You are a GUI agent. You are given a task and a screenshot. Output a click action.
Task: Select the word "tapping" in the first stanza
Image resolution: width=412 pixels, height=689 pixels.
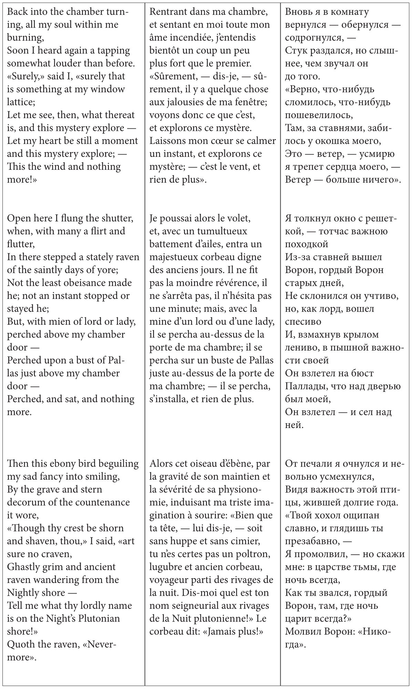point(113,50)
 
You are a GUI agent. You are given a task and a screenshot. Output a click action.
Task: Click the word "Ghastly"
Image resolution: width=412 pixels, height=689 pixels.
point(25,567)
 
